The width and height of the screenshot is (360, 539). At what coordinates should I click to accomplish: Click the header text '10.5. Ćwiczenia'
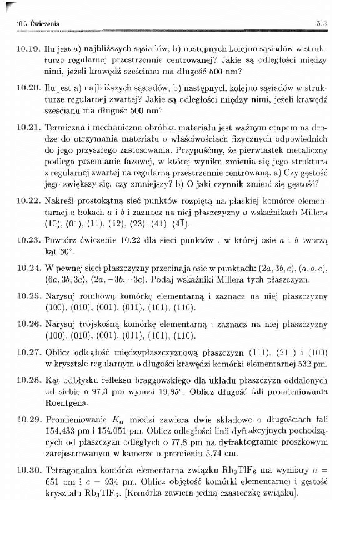(x=38, y=23)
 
